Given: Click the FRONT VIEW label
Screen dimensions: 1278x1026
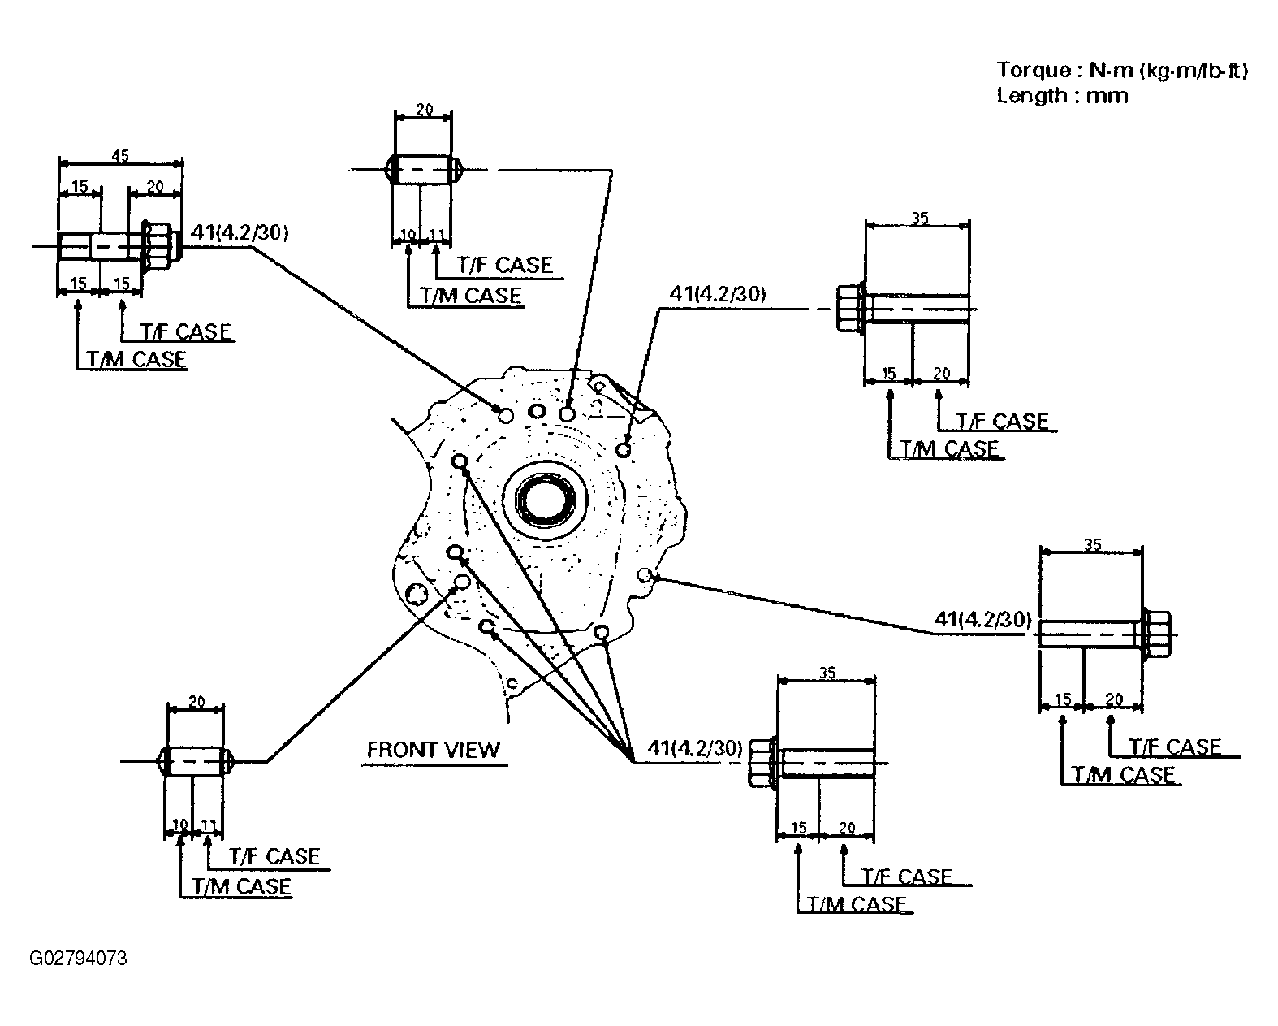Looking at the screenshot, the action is (434, 750).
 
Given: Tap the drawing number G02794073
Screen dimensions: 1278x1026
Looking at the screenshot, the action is (79, 959).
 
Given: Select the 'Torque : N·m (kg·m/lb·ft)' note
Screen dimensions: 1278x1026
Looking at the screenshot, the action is (1122, 70).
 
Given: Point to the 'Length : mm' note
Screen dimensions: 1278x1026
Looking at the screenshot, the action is (1062, 96).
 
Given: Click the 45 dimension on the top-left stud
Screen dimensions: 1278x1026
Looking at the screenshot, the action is (120, 156).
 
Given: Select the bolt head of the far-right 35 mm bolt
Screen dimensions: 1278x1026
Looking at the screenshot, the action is (1156, 634).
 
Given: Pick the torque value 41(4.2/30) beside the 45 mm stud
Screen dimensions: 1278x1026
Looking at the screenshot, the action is (240, 232).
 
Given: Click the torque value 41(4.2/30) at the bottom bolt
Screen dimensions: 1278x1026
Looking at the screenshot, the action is (695, 748).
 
